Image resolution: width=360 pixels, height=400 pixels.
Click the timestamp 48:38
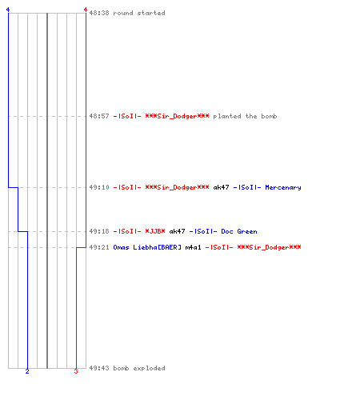click(99, 13)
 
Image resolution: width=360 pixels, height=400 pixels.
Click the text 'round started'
click(139, 13)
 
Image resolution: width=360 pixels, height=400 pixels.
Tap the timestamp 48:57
click(99, 116)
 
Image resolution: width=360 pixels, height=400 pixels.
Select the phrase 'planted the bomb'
click(245, 116)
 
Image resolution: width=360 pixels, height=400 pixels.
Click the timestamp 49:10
click(99, 187)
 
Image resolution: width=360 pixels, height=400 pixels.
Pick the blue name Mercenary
click(283, 187)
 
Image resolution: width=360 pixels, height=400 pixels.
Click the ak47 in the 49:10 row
click(221, 187)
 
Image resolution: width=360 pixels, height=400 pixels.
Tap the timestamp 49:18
click(99, 231)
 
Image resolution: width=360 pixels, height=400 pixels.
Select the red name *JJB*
click(155, 231)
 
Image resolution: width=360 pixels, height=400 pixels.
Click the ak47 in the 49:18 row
click(177, 231)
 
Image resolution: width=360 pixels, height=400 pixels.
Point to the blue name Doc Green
click(239, 231)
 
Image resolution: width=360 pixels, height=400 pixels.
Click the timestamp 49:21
click(99, 247)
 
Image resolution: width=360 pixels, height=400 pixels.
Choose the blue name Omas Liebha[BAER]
click(147, 247)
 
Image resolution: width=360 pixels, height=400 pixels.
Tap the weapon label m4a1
click(193, 247)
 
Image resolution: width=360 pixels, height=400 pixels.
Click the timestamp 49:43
click(99, 368)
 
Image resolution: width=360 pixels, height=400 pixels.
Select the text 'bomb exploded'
click(139, 368)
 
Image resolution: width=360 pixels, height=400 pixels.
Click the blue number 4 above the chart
click(8, 10)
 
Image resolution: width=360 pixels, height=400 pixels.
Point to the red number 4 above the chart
click(86, 10)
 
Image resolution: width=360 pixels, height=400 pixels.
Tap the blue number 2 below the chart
click(27, 371)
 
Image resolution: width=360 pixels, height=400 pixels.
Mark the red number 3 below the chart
click(76, 371)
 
